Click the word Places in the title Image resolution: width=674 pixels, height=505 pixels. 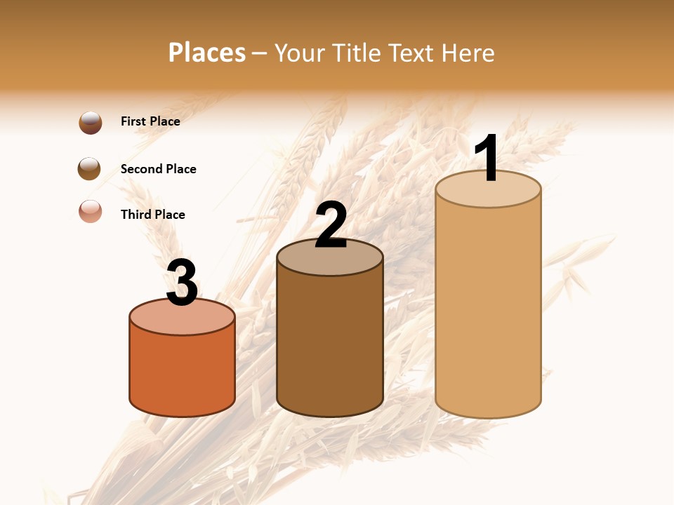[x=207, y=53]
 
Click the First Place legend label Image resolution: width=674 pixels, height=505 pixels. [x=150, y=121]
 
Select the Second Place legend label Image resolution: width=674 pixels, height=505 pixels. [x=158, y=169]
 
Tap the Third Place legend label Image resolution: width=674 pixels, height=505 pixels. [x=152, y=215]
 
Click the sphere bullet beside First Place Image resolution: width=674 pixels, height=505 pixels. [x=91, y=123]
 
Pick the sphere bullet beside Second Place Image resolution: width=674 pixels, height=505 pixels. [x=90, y=169]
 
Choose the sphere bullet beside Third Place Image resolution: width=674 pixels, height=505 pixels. [x=91, y=211]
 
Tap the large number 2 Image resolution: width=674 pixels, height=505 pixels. [x=331, y=225]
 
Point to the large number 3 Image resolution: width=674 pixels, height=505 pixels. [x=182, y=283]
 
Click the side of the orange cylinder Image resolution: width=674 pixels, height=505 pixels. [x=182, y=372]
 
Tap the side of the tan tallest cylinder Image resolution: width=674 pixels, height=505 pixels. [x=488, y=309]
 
